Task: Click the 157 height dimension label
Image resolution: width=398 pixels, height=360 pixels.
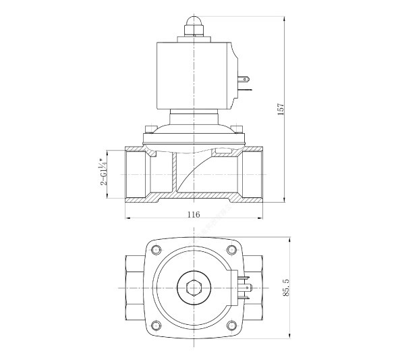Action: point(281,109)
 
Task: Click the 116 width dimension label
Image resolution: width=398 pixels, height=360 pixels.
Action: point(194,214)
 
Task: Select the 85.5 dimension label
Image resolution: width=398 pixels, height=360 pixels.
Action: point(286,287)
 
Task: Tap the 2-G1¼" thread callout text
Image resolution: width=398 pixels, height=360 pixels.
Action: point(103,172)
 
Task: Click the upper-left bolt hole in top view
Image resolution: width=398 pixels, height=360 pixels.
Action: point(156,249)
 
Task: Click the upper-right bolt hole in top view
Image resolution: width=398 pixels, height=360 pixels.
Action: point(231,249)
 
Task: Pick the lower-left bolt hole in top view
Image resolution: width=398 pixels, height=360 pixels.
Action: point(156,325)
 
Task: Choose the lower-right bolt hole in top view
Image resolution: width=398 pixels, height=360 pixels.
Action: point(231,325)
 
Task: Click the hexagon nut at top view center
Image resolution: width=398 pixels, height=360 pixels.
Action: point(194,288)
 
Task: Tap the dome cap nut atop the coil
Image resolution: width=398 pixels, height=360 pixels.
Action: point(194,26)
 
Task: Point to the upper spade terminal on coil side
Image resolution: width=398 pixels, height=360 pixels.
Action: point(244,79)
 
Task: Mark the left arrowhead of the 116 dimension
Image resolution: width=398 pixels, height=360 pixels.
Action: point(127,218)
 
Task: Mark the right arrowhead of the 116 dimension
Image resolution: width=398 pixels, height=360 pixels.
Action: point(261,218)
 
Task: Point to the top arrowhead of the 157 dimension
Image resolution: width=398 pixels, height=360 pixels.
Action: point(284,18)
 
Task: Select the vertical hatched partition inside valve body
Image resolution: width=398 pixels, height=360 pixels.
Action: point(174,173)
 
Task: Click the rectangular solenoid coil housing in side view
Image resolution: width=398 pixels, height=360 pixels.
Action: point(195,76)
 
